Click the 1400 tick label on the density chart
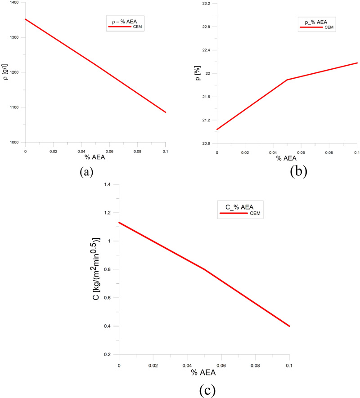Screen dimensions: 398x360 pos(14,3)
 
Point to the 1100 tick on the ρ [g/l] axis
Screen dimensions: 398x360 pos(14,107)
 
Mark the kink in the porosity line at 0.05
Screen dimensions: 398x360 pos(287,80)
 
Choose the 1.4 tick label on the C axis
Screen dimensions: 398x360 pos(108,184)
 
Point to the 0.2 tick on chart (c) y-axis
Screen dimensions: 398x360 pos(108,354)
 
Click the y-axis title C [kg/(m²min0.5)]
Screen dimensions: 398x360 pos(97,269)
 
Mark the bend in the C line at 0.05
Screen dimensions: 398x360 pos(204,269)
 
